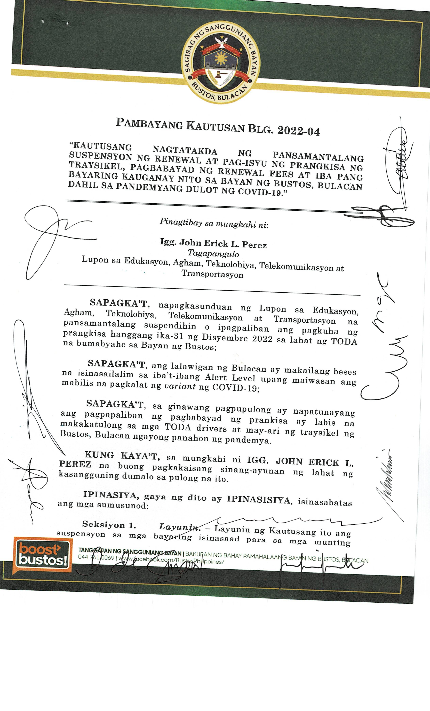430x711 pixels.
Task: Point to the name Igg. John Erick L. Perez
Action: (213, 244)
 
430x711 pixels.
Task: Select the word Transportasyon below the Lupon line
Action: (212, 274)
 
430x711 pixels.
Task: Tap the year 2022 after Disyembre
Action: (262, 338)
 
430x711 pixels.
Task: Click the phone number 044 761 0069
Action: (96, 557)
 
